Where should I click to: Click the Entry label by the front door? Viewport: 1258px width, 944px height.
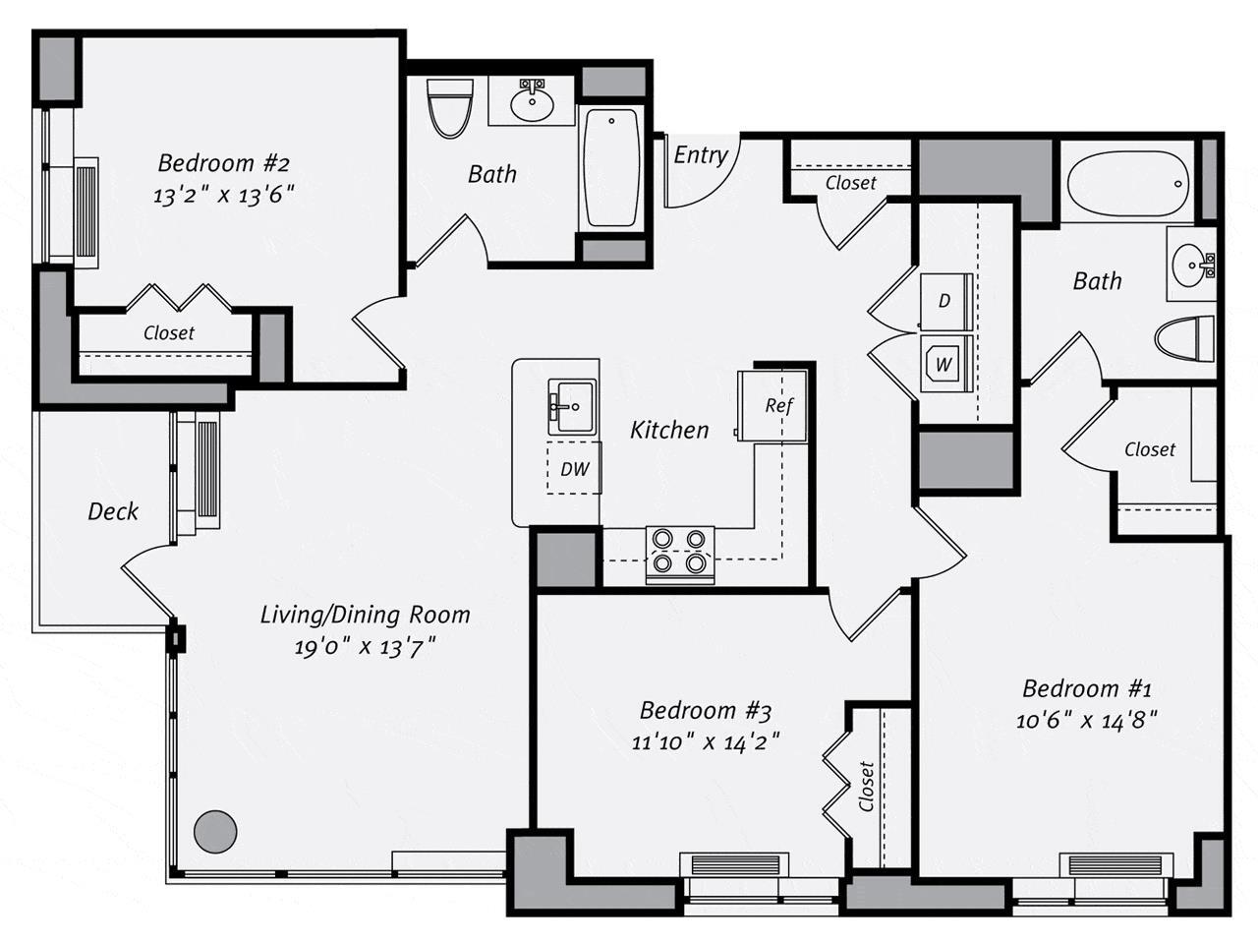point(700,155)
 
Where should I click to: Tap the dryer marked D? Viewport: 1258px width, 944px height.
point(945,301)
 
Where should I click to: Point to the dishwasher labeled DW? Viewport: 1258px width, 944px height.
point(574,469)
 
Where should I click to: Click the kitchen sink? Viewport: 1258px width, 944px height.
point(571,406)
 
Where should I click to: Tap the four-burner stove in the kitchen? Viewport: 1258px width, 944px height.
point(679,552)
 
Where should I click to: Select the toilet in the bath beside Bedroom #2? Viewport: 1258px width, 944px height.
point(450,108)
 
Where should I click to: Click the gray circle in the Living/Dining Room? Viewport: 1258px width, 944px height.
point(215,832)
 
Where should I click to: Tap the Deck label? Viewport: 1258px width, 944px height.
point(113,511)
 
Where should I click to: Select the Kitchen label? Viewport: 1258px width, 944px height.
point(669,430)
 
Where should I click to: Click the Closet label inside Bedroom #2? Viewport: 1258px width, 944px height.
point(169,333)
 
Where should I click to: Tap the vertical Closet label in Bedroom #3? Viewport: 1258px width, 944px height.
point(866,787)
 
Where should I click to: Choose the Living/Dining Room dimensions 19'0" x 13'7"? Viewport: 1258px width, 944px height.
point(364,648)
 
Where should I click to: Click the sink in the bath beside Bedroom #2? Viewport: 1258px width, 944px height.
point(533,101)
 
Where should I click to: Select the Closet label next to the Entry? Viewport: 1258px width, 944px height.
point(850,183)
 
